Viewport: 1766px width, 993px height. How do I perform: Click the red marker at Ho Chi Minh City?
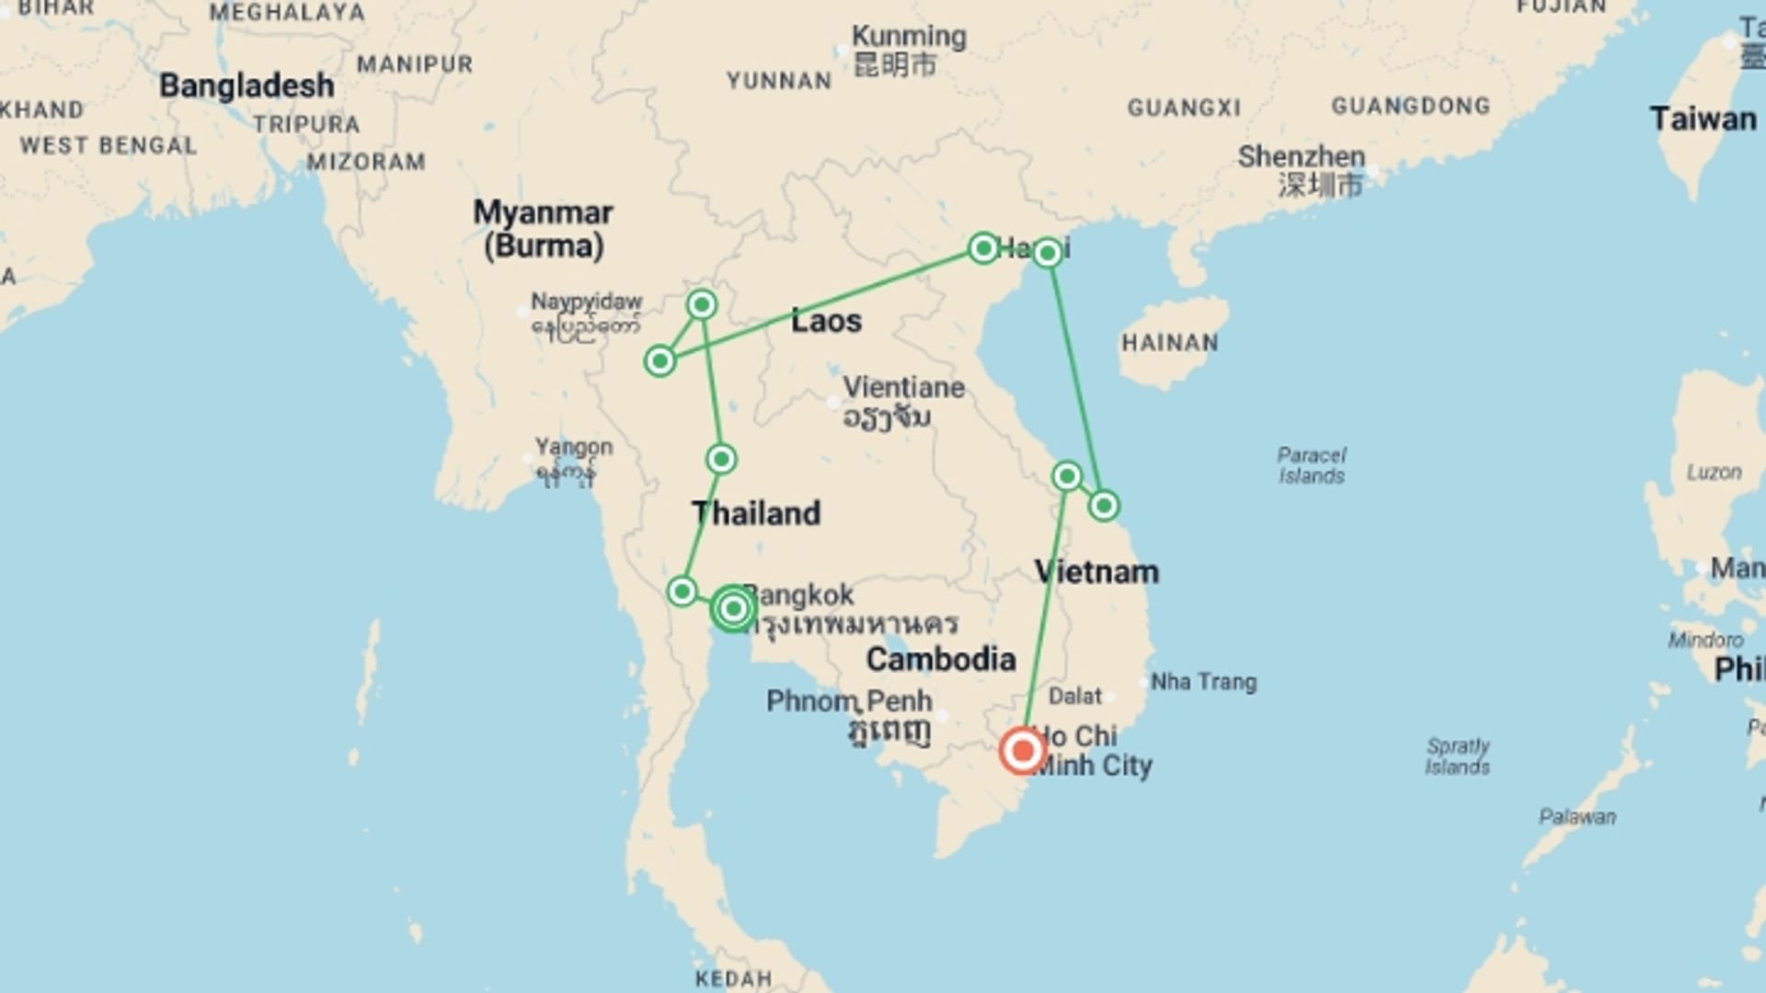[x=1022, y=750]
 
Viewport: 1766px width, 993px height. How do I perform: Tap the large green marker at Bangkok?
[x=733, y=609]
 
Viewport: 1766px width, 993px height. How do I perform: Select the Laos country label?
[x=826, y=321]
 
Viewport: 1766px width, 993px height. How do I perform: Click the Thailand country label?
[x=756, y=513]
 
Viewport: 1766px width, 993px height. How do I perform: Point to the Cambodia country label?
[x=940, y=659]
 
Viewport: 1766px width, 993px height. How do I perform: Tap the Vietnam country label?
[x=1096, y=572]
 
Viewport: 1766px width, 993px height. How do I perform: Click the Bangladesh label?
[x=247, y=86]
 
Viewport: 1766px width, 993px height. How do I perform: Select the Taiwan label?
[x=1702, y=119]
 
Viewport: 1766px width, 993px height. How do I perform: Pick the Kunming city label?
[x=908, y=38]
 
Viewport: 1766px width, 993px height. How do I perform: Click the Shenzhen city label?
[x=1301, y=157]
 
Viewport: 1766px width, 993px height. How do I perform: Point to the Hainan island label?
[x=1169, y=343]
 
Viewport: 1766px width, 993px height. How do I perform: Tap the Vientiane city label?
[x=903, y=387]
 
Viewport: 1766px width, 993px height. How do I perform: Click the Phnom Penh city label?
[x=849, y=702]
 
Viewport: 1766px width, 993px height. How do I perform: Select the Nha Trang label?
[x=1203, y=682]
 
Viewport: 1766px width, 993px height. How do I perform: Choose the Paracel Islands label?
[x=1311, y=465]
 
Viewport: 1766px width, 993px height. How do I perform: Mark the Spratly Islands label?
[x=1457, y=756]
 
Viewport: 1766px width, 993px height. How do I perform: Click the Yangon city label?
[x=574, y=448]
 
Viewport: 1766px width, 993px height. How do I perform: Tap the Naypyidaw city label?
[x=586, y=302]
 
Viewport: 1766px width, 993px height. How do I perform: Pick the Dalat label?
[x=1074, y=696]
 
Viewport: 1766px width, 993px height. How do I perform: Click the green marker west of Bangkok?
[x=682, y=590]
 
